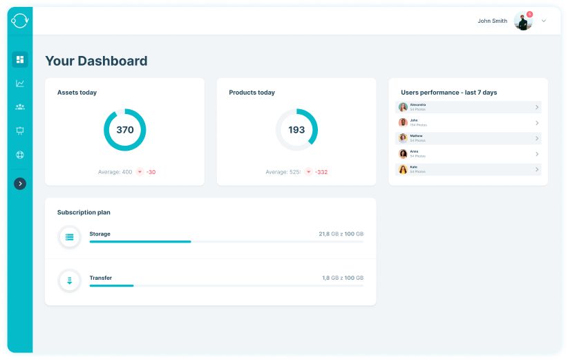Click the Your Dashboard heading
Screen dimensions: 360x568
click(96, 61)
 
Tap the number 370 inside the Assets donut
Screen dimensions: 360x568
click(124, 130)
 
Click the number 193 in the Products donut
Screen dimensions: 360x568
click(296, 130)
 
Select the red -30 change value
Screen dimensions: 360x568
click(151, 172)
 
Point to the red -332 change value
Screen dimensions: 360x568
click(321, 172)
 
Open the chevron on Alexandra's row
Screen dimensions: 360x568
click(537, 107)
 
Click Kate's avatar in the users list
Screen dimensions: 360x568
click(403, 169)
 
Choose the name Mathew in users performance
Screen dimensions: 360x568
click(416, 136)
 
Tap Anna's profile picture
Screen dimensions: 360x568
click(403, 154)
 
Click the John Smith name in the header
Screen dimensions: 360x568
click(492, 21)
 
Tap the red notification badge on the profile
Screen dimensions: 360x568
click(529, 14)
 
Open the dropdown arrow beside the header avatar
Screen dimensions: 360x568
click(544, 21)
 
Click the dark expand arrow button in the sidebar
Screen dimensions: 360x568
click(20, 184)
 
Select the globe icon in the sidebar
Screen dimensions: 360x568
click(20, 155)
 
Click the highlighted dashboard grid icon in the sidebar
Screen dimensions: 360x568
click(20, 59)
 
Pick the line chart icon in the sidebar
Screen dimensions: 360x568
click(20, 84)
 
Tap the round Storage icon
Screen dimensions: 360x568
click(69, 237)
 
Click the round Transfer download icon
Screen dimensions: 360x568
click(69, 281)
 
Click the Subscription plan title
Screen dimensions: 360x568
click(84, 212)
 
